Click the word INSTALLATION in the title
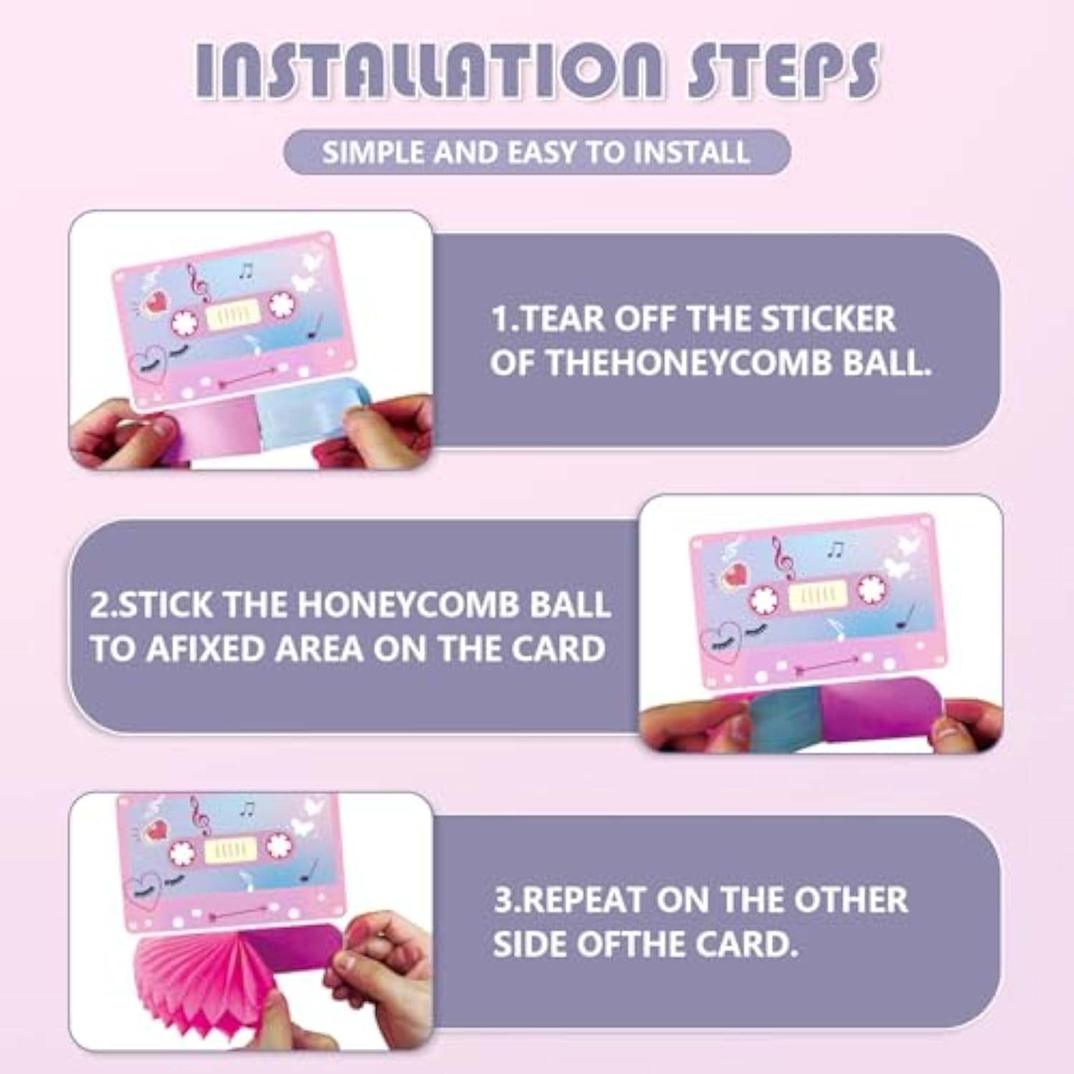pos(430,70)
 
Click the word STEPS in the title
pos(783,70)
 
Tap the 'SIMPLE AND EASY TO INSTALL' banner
pos(537,152)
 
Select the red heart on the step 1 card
pos(156,301)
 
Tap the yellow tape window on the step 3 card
pos(233,848)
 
